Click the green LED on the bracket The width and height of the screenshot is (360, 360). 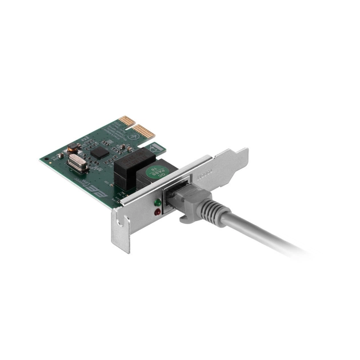(x=157, y=202)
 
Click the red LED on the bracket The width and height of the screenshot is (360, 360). (x=157, y=212)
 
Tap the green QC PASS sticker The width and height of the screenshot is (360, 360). (x=155, y=171)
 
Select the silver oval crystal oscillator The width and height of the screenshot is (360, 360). (x=77, y=163)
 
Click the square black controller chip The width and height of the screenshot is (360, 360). (x=99, y=152)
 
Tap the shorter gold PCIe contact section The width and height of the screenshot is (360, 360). (x=126, y=121)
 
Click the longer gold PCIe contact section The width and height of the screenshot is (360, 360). (x=145, y=132)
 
